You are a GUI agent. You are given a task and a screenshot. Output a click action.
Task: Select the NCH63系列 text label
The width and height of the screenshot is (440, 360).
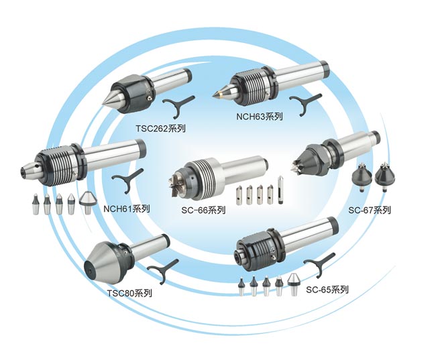tap(260, 117)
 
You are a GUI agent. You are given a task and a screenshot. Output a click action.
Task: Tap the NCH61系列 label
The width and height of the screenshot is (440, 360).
tap(127, 208)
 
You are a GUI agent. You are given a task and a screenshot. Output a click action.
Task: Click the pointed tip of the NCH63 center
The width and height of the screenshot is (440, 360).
tap(215, 95)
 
